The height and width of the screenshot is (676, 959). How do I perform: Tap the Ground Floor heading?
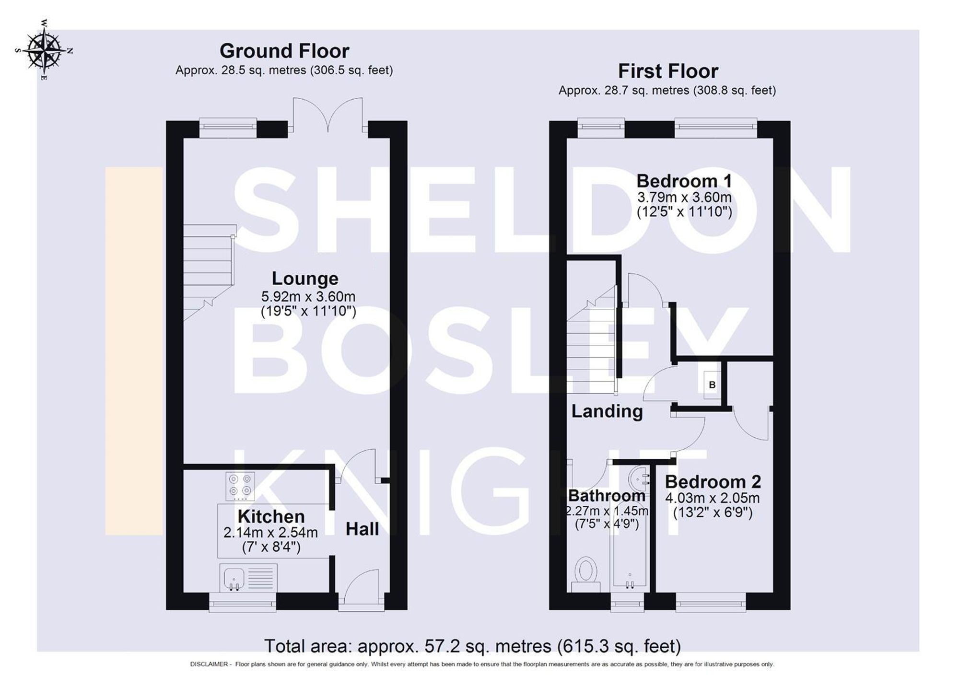[x=284, y=51]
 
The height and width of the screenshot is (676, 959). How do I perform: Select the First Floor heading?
[x=667, y=71]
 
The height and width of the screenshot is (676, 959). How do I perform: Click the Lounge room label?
[x=305, y=279]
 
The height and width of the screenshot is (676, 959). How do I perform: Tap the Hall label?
[x=362, y=529]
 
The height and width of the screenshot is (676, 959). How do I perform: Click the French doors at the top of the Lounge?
[x=328, y=115]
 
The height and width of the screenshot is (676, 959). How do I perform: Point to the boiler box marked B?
[x=712, y=385]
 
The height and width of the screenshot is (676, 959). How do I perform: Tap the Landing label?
[x=607, y=411]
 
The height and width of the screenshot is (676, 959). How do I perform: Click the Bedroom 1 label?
[x=684, y=181]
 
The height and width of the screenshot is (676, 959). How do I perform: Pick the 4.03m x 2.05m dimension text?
[x=712, y=498]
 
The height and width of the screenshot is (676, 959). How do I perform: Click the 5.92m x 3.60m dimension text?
[x=308, y=296]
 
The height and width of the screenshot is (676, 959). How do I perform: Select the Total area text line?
[x=472, y=646]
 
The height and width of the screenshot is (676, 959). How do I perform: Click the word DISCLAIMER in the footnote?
[x=209, y=664]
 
